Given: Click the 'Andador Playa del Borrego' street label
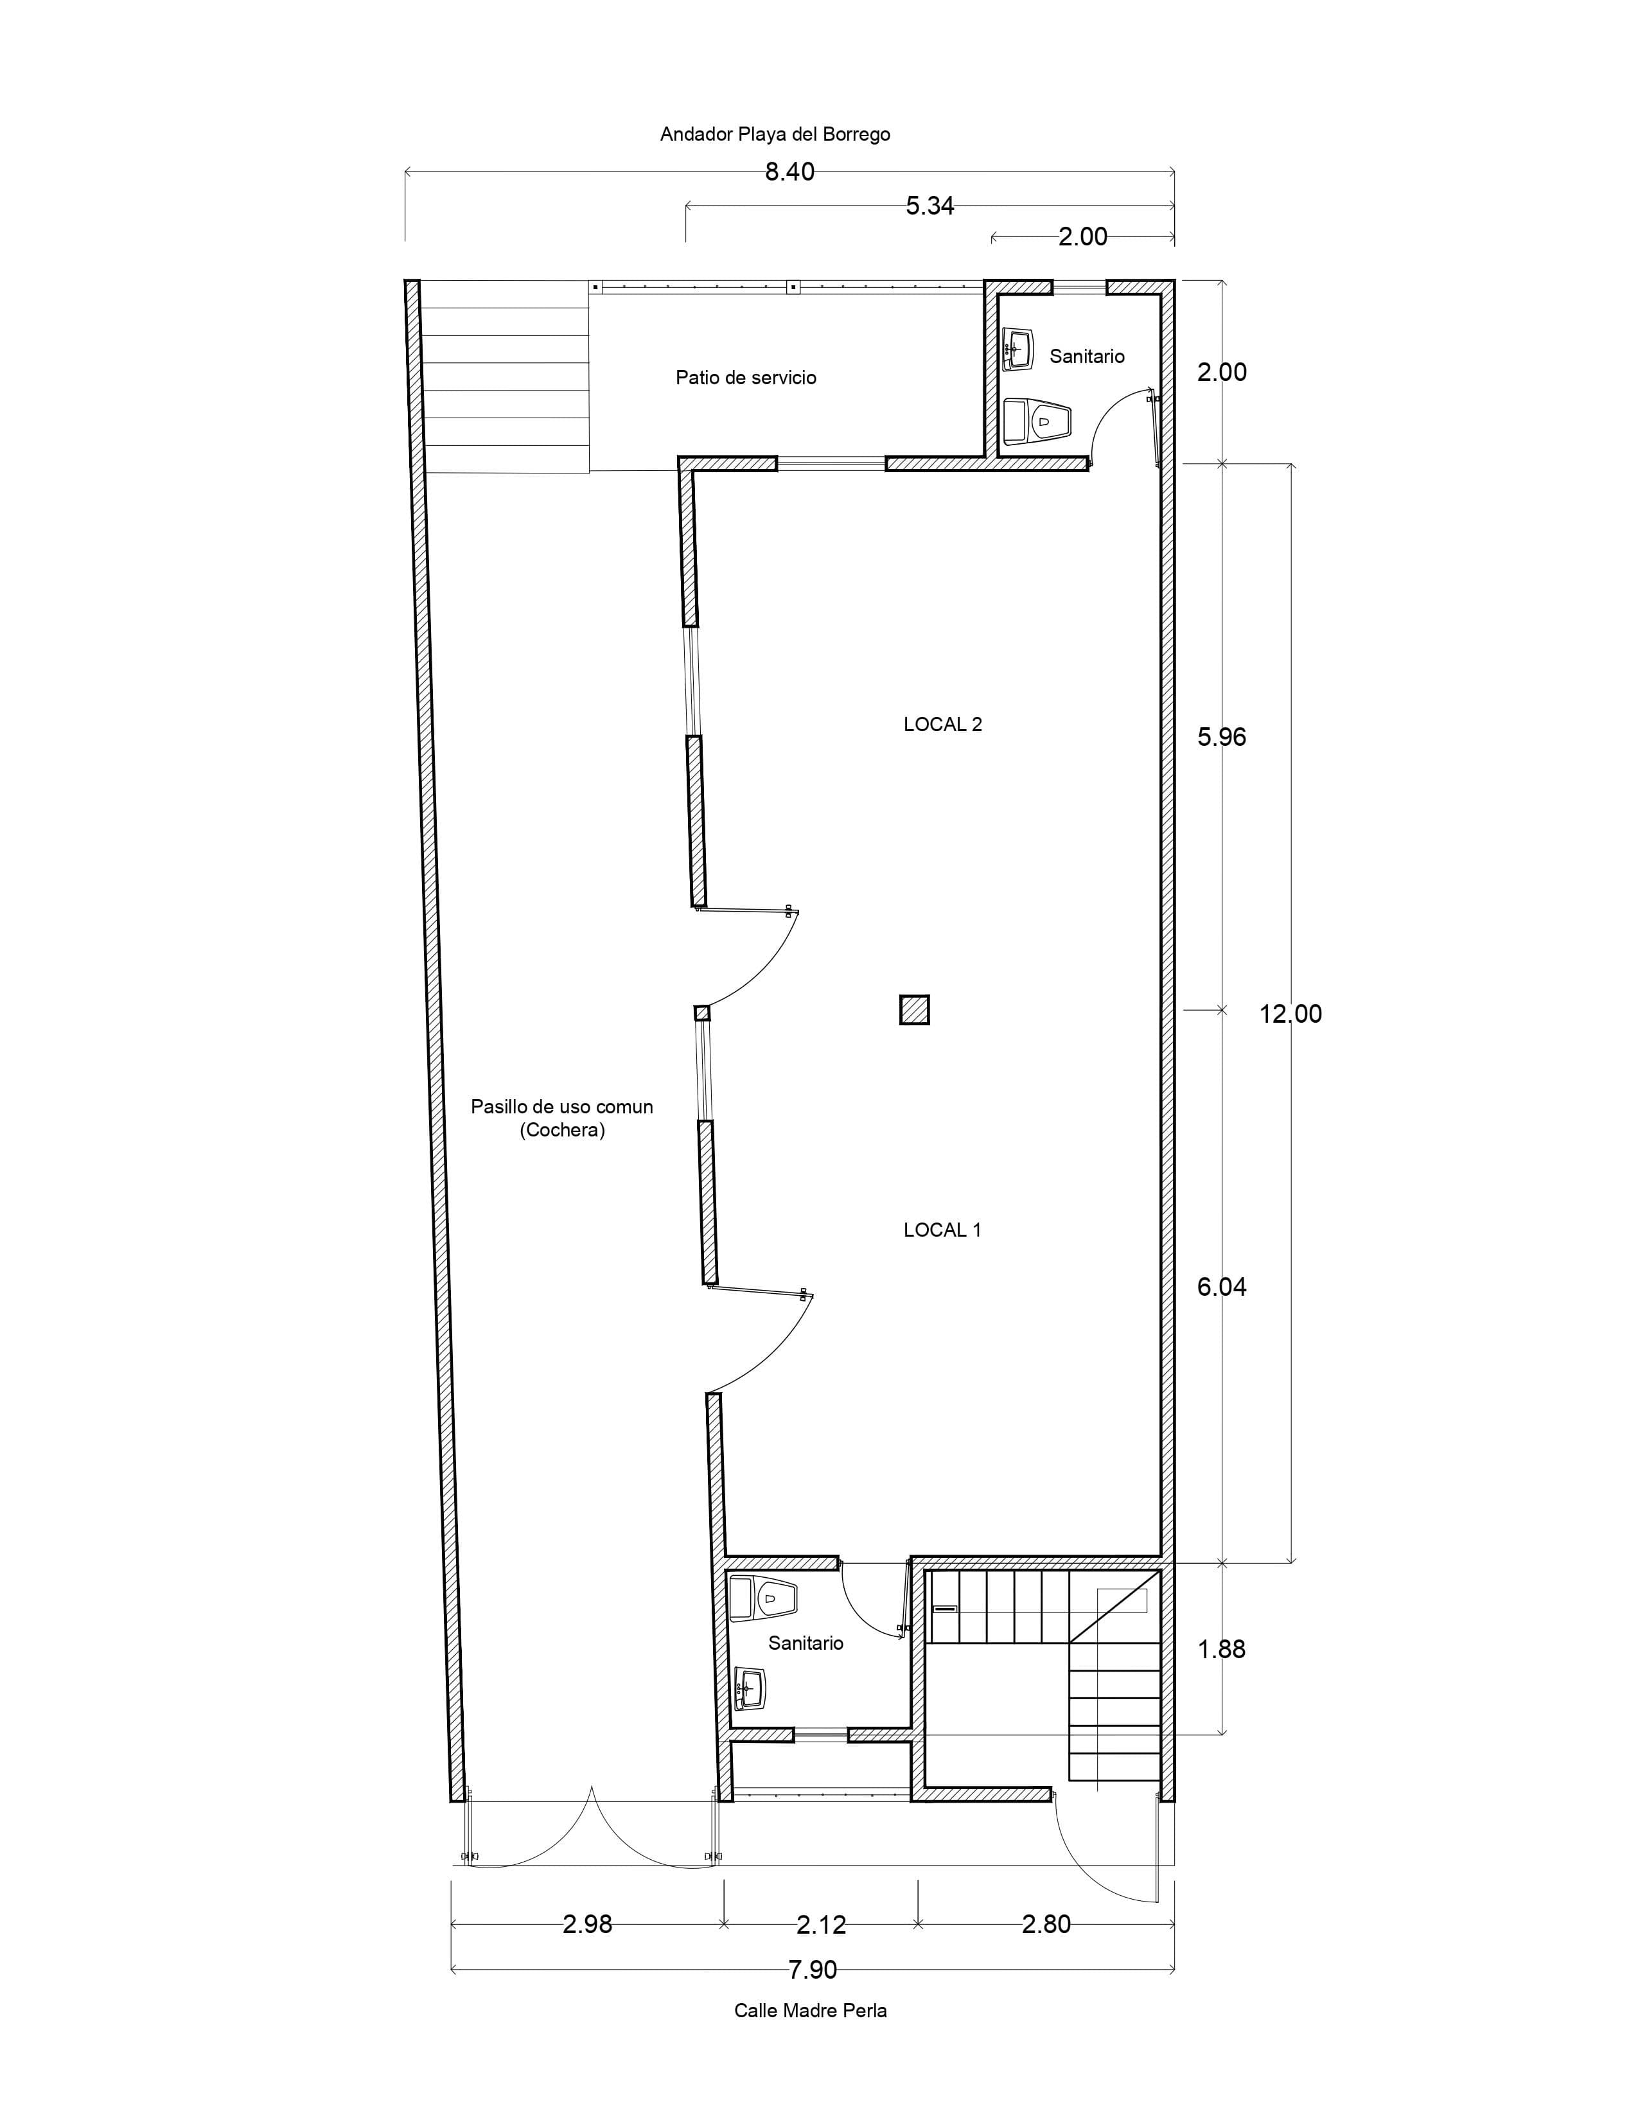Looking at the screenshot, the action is [x=775, y=134].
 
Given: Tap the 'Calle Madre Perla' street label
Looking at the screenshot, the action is [x=810, y=2010].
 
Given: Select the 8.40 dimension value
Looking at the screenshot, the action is [x=790, y=173].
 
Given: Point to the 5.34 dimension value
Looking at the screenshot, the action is [x=929, y=206].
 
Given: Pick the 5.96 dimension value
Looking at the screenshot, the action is [x=1222, y=737].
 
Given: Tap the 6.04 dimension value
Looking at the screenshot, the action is [x=1222, y=1287].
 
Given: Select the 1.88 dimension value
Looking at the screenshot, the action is [x=1222, y=1649].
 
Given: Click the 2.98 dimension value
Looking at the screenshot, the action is [x=587, y=1924].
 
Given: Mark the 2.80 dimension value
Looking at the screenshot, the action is [x=1046, y=1924].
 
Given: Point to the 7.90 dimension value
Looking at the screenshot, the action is [x=812, y=1970].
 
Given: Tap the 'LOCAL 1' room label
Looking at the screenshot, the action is [x=942, y=1230].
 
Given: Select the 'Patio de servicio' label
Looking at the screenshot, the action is [x=746, y=378].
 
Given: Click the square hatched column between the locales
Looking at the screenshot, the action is [x=914, y=1011].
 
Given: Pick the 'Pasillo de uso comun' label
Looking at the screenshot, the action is [x=562, y=1107].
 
